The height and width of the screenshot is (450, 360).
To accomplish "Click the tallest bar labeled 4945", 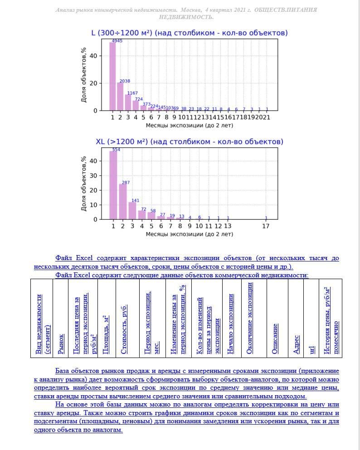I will coord(112,77).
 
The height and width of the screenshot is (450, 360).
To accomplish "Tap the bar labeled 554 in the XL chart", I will coord(113,186).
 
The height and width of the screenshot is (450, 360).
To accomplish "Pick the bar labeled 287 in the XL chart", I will coord(123,202).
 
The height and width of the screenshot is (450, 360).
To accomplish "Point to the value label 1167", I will coord(132,93).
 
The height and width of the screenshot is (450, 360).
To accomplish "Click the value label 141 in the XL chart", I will coord(135,200).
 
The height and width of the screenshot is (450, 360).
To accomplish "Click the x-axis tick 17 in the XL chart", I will coord(266,226).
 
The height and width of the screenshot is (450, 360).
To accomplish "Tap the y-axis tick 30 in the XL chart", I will coord(94,175).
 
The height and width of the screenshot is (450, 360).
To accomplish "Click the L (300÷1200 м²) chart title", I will coord(190,33).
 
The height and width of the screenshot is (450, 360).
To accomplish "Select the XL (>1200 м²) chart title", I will coord(190,142).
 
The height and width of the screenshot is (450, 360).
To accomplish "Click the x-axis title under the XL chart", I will coord(190,234).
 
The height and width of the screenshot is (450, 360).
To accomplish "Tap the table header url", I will coord(311,349).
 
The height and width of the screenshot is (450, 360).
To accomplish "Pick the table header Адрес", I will coord(297,344).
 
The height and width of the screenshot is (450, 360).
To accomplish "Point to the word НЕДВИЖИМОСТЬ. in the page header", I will coord(186,17).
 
